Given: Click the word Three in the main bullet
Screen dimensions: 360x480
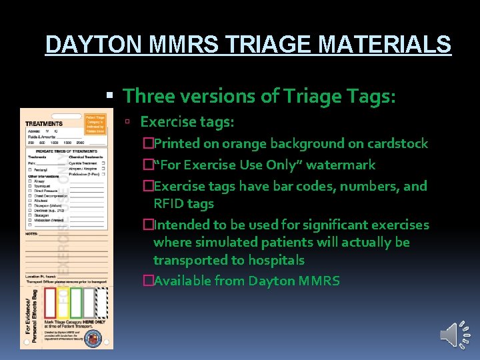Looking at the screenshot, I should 148,96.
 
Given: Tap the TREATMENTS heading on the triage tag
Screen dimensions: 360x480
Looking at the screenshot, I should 44,124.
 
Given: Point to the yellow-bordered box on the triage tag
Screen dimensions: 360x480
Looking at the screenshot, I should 64,303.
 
